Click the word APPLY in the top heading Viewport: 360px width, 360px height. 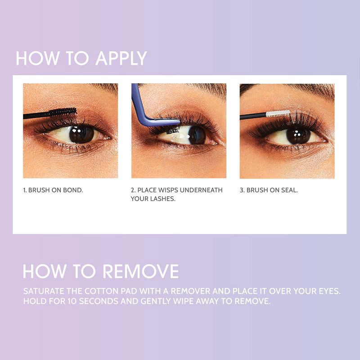pos(121,59)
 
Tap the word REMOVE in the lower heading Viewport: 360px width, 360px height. pos(140,271)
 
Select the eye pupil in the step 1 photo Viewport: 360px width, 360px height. pos(81,134)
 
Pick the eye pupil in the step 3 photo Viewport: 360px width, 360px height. pos(297,134)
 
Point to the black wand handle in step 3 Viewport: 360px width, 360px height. pos(252,117)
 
